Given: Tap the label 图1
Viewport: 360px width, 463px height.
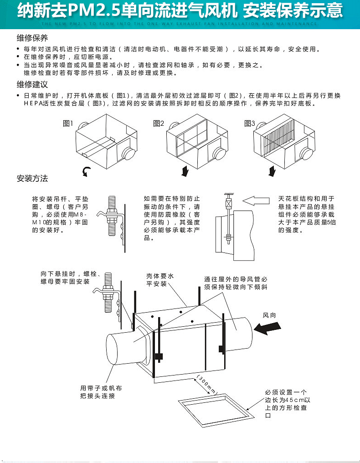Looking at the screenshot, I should point(67,123).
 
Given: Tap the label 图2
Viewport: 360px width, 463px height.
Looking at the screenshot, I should point(159,123).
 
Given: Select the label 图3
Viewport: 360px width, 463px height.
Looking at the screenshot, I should point(250,123).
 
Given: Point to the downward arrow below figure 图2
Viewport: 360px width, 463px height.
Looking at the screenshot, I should point(185,171).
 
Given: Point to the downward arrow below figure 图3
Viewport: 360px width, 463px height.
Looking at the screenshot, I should point(273,171).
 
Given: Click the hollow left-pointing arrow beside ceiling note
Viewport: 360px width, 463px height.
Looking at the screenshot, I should point(257,200).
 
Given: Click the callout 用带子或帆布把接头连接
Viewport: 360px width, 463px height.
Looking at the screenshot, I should point(101,392).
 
